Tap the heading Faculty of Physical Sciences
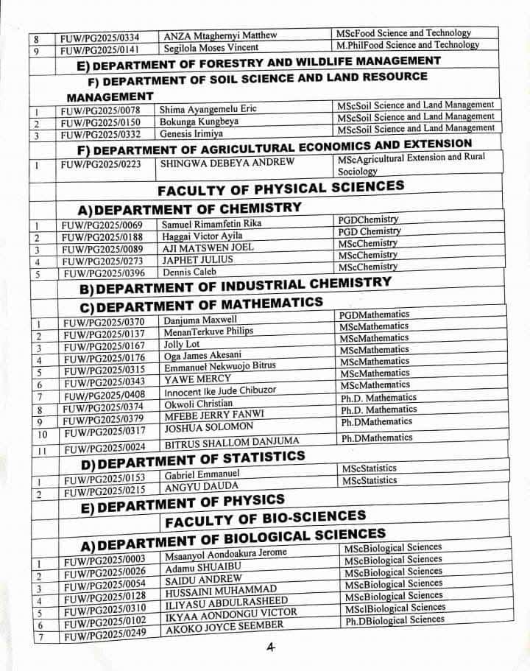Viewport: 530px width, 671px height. pyautogui.click(x=281, y=188)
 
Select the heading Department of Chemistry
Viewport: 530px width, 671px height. pyautogui.click(x=190, y=208)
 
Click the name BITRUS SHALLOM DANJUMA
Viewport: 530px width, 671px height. pyautogui.click(x=232, y=441)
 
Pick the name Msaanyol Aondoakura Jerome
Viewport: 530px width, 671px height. pyautogui.click(x=225, y=553)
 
